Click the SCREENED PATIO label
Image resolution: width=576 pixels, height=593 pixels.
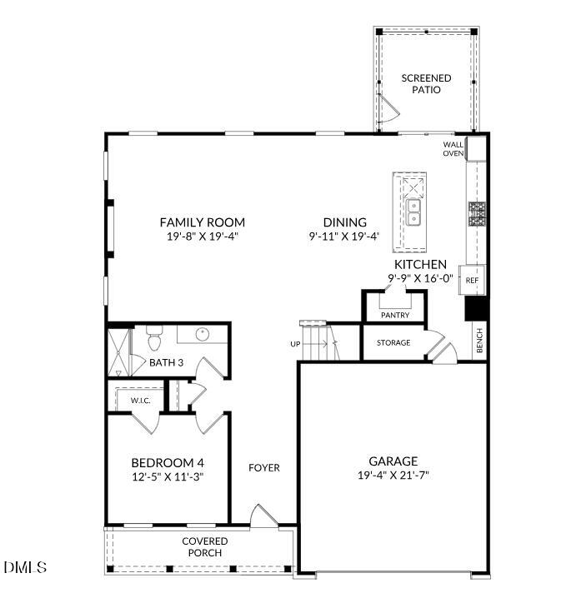click(x=426, y=84)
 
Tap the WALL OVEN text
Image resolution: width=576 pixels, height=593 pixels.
click(x=453, y=148)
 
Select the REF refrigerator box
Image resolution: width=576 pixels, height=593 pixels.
click(x=472, y=281)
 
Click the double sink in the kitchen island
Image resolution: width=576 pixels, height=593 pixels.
click(x=413, y=212)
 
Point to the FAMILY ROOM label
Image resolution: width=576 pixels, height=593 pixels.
click(x=203, y=222)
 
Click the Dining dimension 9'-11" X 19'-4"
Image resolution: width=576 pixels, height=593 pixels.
click(x=344, y=236)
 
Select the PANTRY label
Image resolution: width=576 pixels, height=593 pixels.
click(x=394, y=316)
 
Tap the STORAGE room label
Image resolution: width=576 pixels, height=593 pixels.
click(x=393, y=342)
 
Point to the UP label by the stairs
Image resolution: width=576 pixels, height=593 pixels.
click(x=295, y=344)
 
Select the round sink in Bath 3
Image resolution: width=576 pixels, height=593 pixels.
click(x=203, y=335)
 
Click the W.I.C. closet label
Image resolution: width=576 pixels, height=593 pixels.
click(x=139, y=400)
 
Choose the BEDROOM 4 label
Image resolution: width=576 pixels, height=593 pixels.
click(x=168, y=463)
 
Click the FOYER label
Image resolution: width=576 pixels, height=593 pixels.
click(x=264, y=467)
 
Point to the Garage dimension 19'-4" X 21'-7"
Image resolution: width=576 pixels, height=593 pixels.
click(x=393, y=476)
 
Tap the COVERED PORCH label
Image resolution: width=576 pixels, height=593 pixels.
click(x=205, y=546)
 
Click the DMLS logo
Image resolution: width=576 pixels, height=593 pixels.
click(x=25, y=567)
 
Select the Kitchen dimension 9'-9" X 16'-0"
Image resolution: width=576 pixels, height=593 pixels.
click(x=420, y=278)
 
